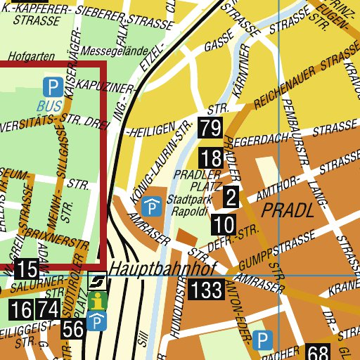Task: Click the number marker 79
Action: (210, 128)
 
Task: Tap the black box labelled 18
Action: (210, 157)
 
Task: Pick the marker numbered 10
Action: (223, 226)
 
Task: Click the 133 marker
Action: (205, 288)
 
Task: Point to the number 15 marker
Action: (26, 269)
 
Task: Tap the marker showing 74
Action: (48, 309)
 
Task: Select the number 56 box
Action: (72, 328)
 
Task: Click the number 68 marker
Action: (318, 353)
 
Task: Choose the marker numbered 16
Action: (21, 309)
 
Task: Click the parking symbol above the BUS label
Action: (51, 88)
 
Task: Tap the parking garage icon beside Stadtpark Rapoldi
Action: (151, 207)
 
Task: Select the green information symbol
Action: (98, 301)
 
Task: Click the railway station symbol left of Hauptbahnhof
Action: (98, 282)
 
